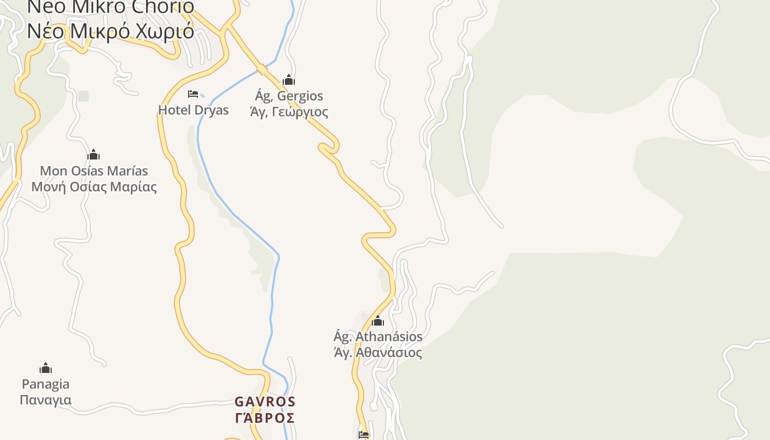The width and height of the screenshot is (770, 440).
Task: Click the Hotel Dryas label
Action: tap(193, 110)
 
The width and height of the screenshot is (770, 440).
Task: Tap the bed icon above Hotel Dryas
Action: tap(193, 94)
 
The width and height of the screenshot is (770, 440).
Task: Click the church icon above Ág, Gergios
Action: tap(289, 80)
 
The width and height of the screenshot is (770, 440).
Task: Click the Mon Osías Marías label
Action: tap(94, 170)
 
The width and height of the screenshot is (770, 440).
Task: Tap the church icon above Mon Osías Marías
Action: tap(94, 155)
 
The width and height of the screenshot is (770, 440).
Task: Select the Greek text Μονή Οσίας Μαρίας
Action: tap(94, 187)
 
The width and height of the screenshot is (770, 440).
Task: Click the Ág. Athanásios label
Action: tap(378, 336)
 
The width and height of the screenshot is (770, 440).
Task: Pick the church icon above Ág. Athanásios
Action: tap(378, 321)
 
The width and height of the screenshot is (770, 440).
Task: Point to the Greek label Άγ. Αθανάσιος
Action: tap(378, 353)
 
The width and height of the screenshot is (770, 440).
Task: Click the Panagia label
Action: tap(46, 384)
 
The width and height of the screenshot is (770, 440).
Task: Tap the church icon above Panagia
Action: tap(46, 368)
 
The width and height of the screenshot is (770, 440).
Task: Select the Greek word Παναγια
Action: tap(46, 400)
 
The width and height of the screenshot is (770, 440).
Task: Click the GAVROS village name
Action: tap(265, 402)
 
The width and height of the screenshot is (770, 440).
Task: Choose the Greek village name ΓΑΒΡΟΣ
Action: tap(265, 418)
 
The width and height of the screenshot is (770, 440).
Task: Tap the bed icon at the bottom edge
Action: tap(364, 435)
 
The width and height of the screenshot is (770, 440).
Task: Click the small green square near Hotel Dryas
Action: tap(84, 96)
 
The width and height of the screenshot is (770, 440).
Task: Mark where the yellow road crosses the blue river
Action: tap(262, 69)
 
